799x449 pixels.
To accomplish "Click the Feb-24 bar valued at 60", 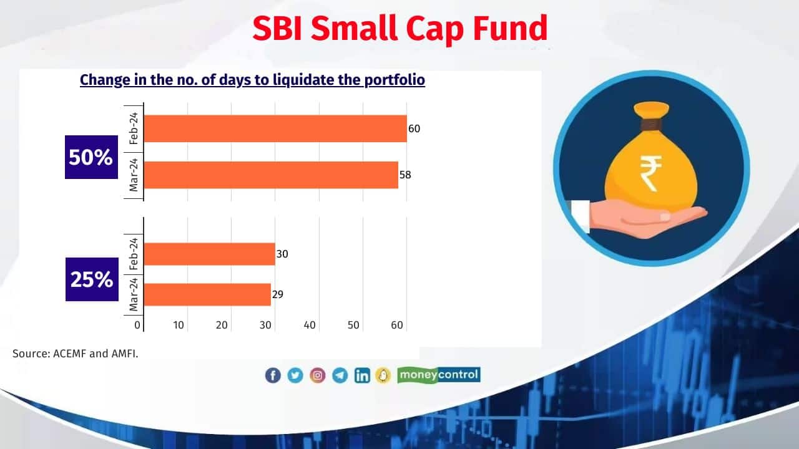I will [x=275, y=128].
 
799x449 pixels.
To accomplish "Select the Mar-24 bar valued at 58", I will [x=271, y=175].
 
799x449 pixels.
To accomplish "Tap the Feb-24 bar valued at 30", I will [x=209, y=254].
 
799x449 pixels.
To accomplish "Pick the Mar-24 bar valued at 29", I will [x=207, y=294].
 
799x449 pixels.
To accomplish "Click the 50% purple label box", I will [x=91, y=157].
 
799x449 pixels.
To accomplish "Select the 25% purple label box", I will [x=92, y=279].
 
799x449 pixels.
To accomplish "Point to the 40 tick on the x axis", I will [x=310, y=325].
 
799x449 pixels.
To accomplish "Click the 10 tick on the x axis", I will [x=179, y=325].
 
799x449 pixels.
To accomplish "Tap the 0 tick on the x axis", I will [x=137, y=325].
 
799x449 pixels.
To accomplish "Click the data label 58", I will [x=406, y=175].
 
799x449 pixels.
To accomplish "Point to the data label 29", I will [x=278, y=294].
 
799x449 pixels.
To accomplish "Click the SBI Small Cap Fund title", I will [x=399, y=28].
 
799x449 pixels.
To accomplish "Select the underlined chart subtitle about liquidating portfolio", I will [x=252, y=80].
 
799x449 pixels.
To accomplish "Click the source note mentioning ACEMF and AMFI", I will [x=76, y=354].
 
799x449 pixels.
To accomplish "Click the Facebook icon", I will [x=273, y=375].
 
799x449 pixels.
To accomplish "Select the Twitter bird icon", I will [x=295, y=375].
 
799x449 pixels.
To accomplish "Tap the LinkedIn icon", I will [x=362, y=375].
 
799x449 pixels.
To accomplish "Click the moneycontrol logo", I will [x=439, y=375].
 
